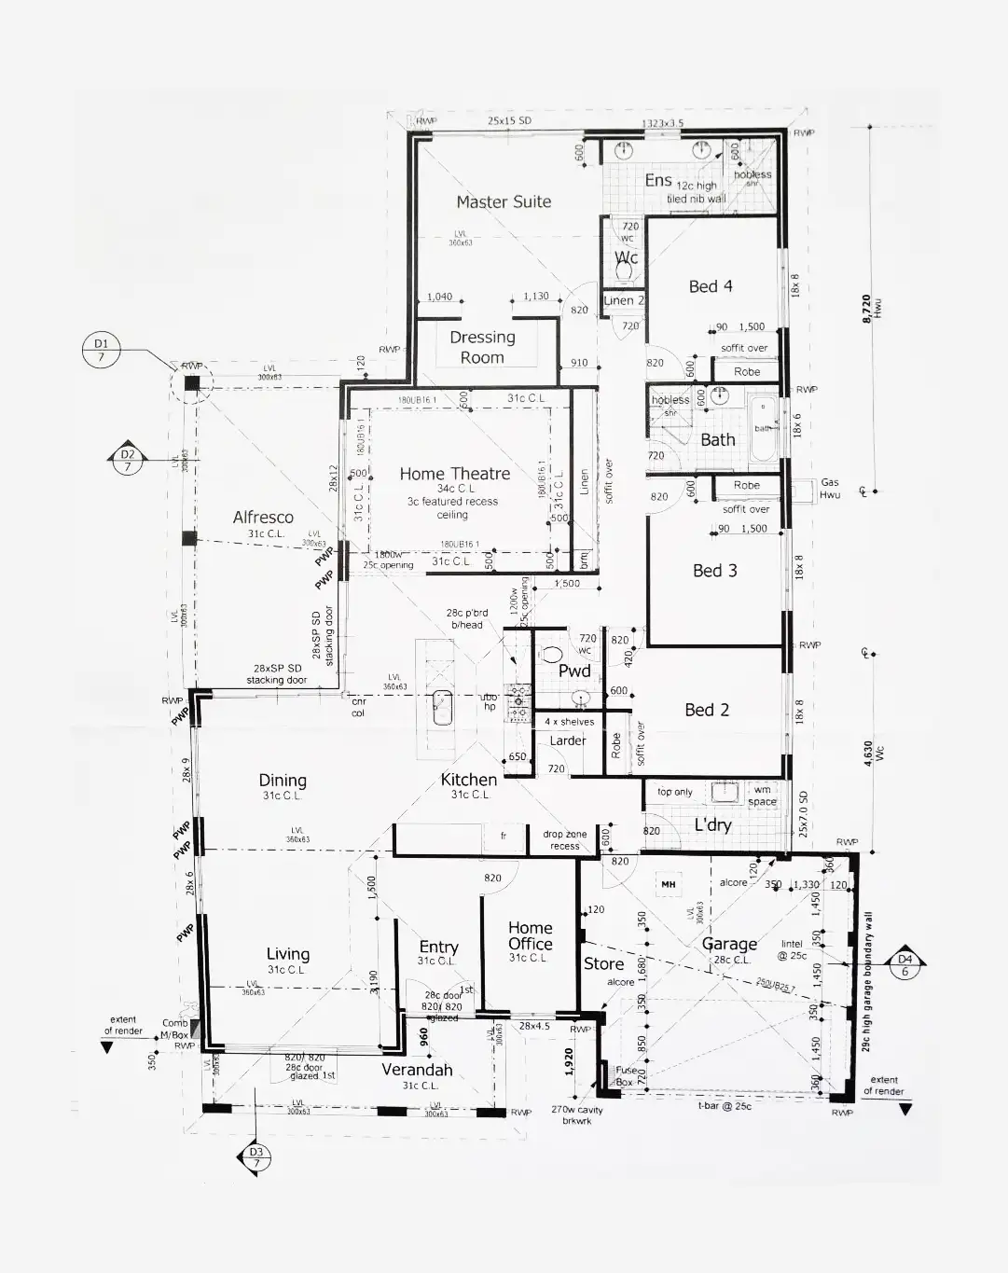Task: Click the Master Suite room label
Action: pyautogui.click(x=504, y=201)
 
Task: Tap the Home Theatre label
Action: pyautogui.click(x=454, y=474)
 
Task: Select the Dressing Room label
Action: pyautogui.click(x=482, y=347)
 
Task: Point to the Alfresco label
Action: pyautogui.click(x=263, y=517)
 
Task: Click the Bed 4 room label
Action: pyautogui.click(x=711, y=286)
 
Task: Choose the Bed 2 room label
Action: pyautogui.click(x=707, y=710)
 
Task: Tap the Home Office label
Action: pyautogui.click(x=530, y=935)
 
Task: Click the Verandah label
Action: pyautogui.click(x=417, y=1070)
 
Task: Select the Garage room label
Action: pyautogui.click(x=729, y=944)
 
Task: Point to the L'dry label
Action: pyautogui.click(x=712, y=824)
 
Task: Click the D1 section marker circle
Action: pyautogui.click(x=101, y=351)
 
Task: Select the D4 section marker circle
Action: pyautogui.click(x=904, y=964)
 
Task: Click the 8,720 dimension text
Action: pyautogui.click(x=866, y=308)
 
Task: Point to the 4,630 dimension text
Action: pyautogui.click(x=868, y=754)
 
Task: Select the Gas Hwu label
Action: pyautogui.click(x=829, y=489)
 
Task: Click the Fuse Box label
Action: pyautogui.click(x=626, y=1076)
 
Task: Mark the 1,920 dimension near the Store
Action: pyautogui.click(x=569, y=1061)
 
